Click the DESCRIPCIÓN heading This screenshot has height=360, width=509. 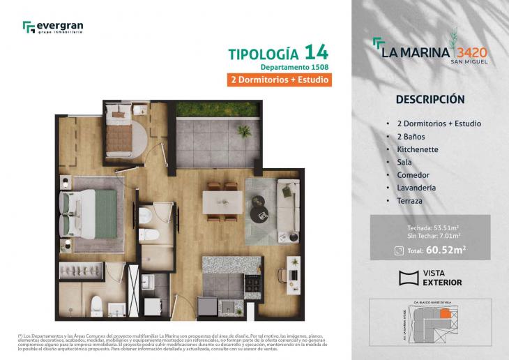430,99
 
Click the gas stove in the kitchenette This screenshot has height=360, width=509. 250,283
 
